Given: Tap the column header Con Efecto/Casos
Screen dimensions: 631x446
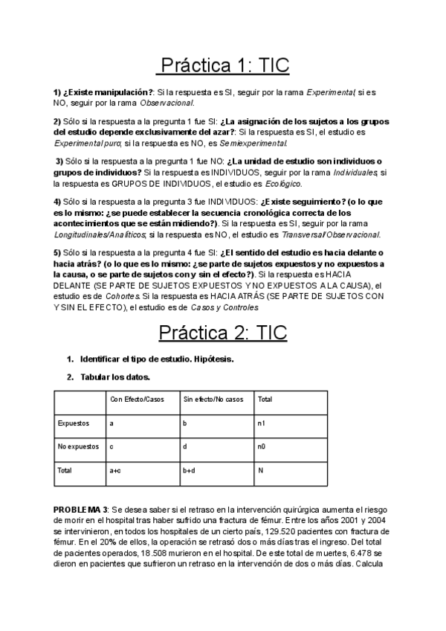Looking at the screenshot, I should [137, 400].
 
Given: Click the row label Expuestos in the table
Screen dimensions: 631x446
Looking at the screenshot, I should [74, 423].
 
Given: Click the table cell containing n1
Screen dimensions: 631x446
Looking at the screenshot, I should [261, 423].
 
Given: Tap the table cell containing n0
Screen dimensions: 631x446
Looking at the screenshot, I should [261, 447].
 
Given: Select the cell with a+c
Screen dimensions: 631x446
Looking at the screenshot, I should [115, 471].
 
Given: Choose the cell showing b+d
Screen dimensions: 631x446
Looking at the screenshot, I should [188, 471].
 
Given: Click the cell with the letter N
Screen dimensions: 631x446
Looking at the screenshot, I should [260, 471].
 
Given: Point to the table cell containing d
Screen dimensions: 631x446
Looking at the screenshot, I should [184, 447].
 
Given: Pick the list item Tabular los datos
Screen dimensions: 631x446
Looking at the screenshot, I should [115, 377].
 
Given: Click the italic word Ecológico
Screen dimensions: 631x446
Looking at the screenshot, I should [282, 183].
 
